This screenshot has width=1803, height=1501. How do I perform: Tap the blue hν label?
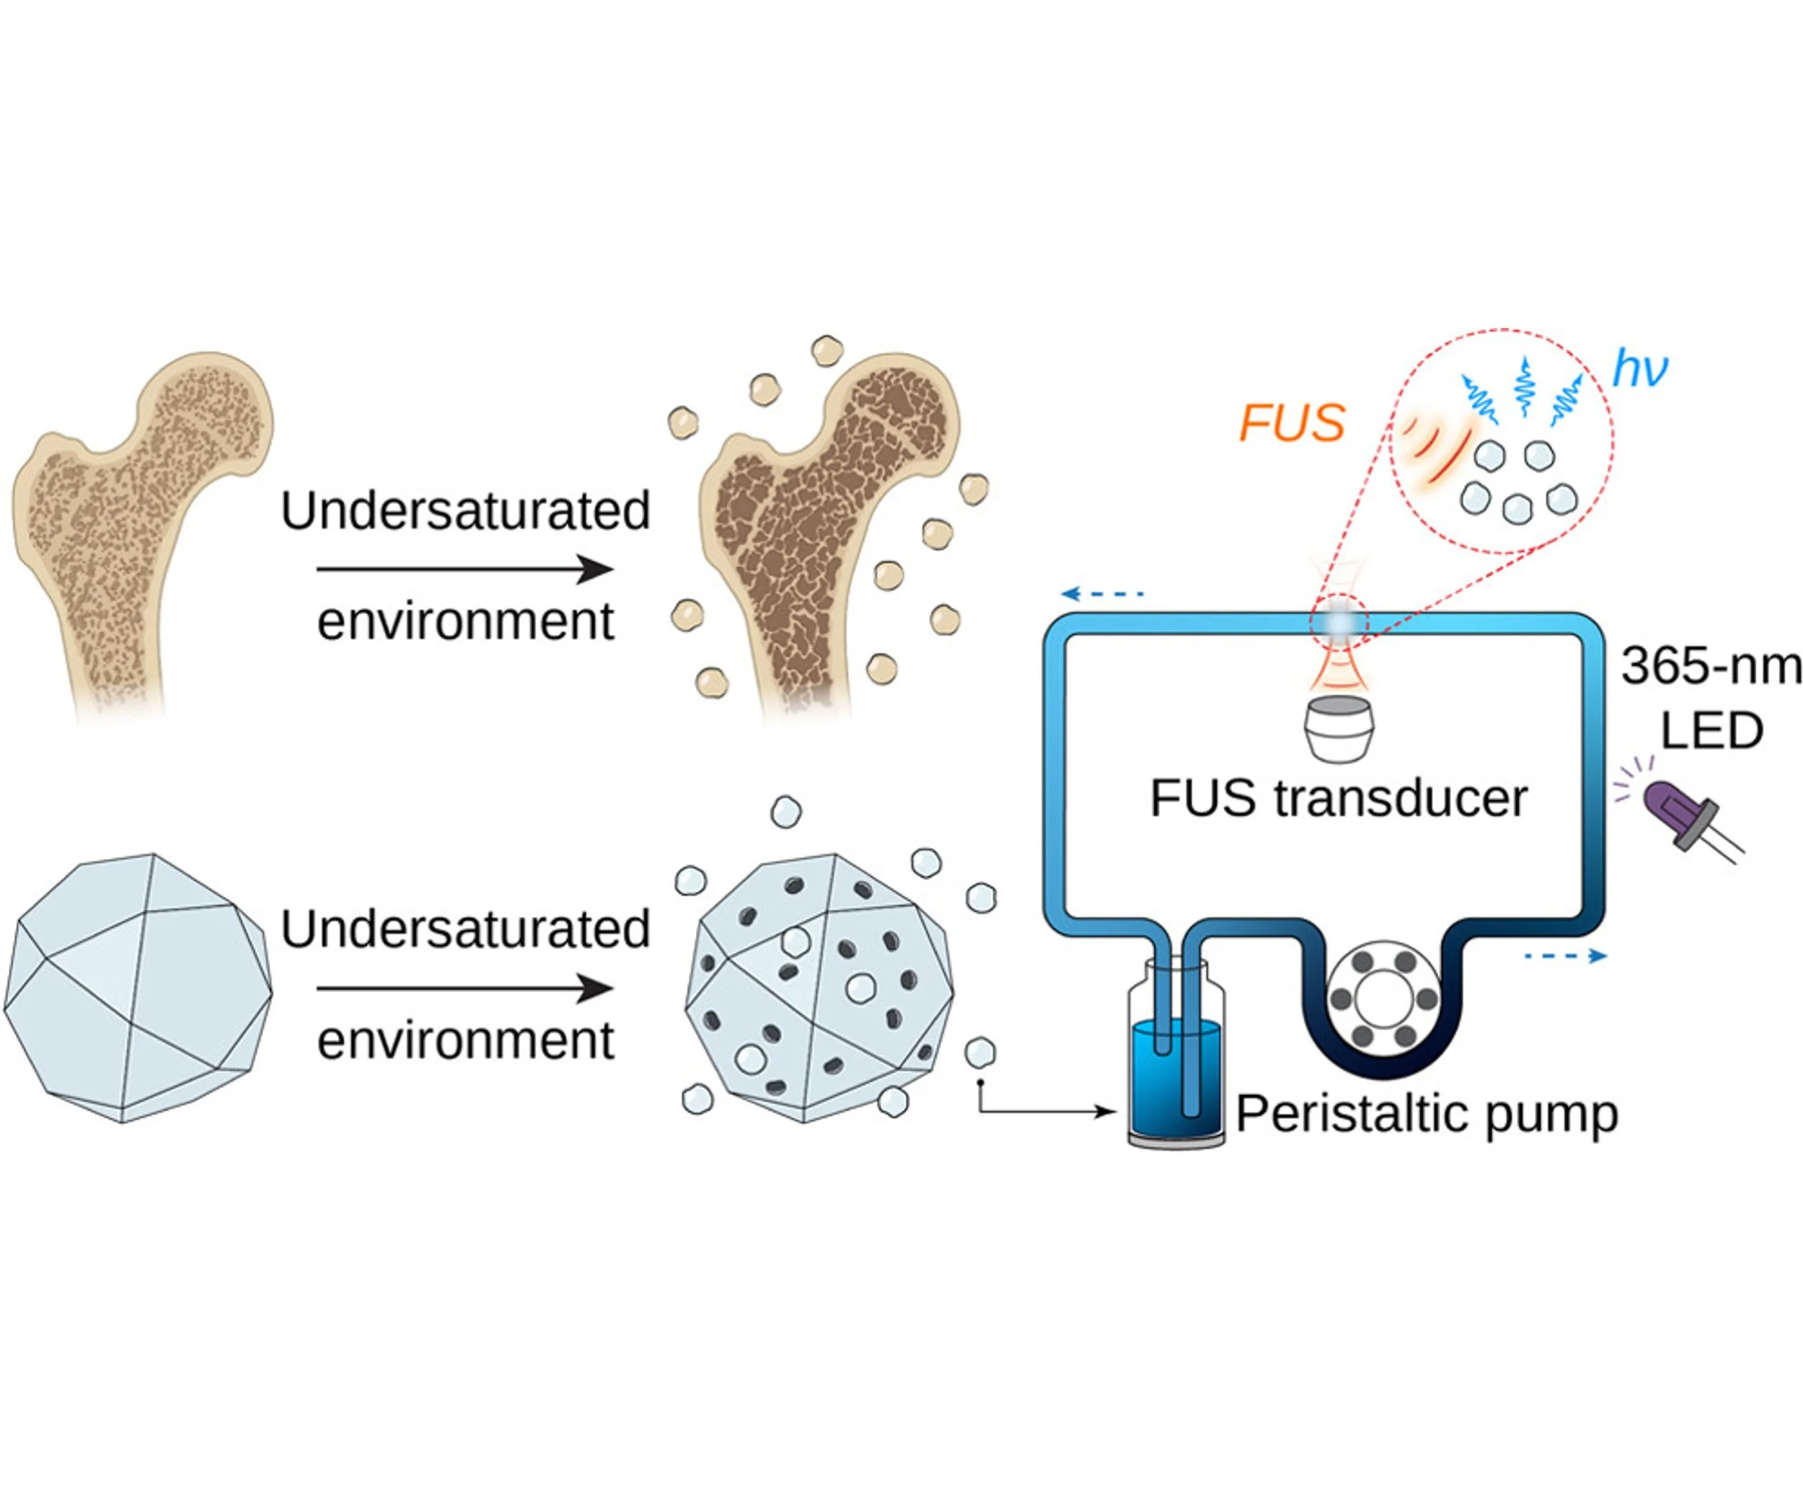[x=1640, y=369]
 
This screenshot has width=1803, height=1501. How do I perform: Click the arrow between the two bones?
[x=464, y=569]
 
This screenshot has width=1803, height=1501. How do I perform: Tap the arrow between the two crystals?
[x=464, y=988]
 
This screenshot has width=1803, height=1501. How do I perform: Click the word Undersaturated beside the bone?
[x=464, y=511]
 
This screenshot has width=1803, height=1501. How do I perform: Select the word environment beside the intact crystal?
[x=464, y=1040]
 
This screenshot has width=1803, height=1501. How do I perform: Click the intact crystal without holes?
[x=137, y=987]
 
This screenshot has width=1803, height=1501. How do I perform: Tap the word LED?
[x=1711, y=731]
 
